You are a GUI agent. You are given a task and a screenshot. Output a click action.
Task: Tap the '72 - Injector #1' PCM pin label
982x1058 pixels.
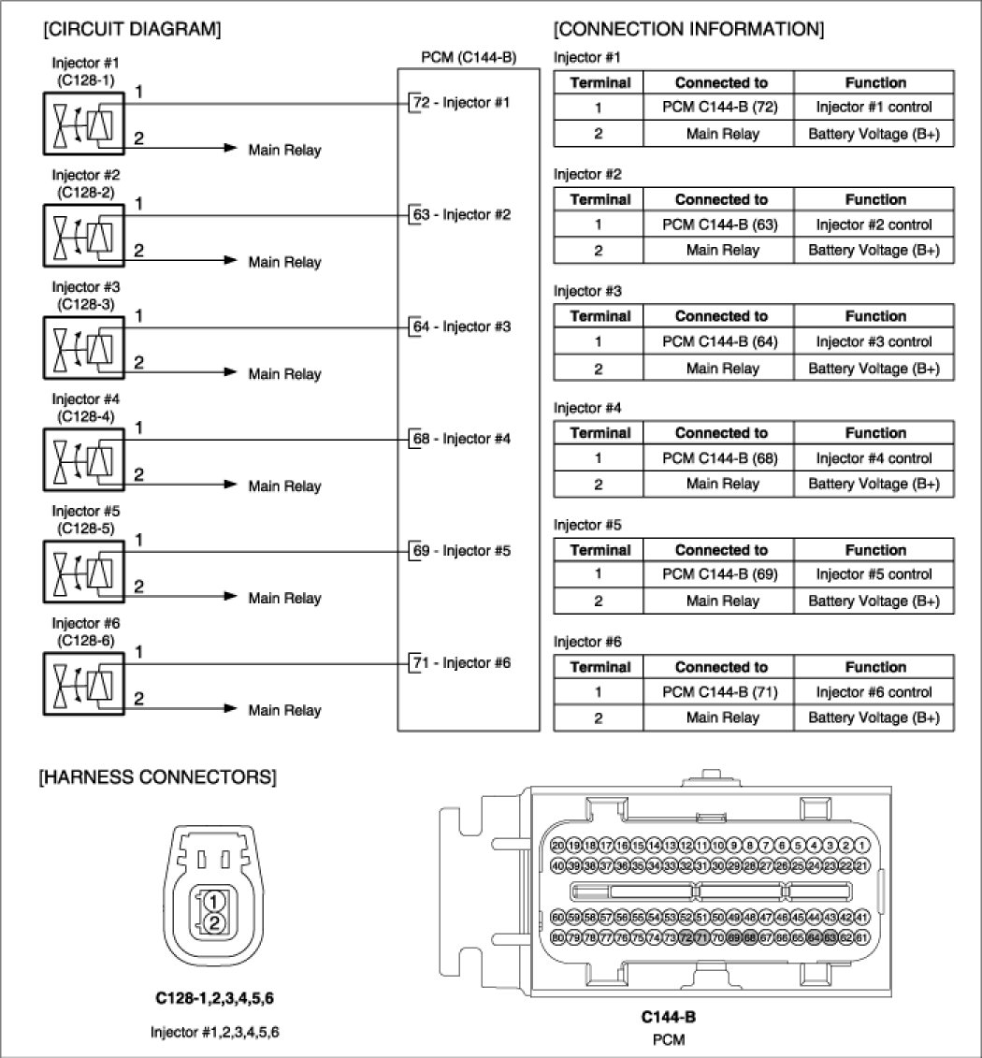[461, 102]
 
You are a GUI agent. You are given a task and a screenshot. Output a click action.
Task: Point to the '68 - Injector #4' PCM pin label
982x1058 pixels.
[461, 439]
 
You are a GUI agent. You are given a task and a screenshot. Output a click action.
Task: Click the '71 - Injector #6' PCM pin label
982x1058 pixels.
[461, 663]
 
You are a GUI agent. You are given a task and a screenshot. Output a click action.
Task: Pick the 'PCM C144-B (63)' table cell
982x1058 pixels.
[720, 225]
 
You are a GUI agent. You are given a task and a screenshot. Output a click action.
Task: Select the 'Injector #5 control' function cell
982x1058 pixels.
[874, 574]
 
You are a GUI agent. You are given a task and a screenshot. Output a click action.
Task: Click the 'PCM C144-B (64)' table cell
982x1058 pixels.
[720, 341]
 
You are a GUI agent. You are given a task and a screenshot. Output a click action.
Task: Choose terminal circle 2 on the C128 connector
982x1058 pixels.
[214, 923]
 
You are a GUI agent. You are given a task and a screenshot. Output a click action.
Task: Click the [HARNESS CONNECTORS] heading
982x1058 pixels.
[157, 776]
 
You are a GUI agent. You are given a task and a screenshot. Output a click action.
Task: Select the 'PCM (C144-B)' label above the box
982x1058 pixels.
[469, 58]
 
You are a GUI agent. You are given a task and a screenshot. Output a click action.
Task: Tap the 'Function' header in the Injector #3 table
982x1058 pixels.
[874, 316]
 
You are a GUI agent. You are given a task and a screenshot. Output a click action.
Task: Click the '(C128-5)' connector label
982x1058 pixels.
[86, 528]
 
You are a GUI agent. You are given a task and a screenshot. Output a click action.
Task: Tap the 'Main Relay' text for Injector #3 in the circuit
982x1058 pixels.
[284, 374]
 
